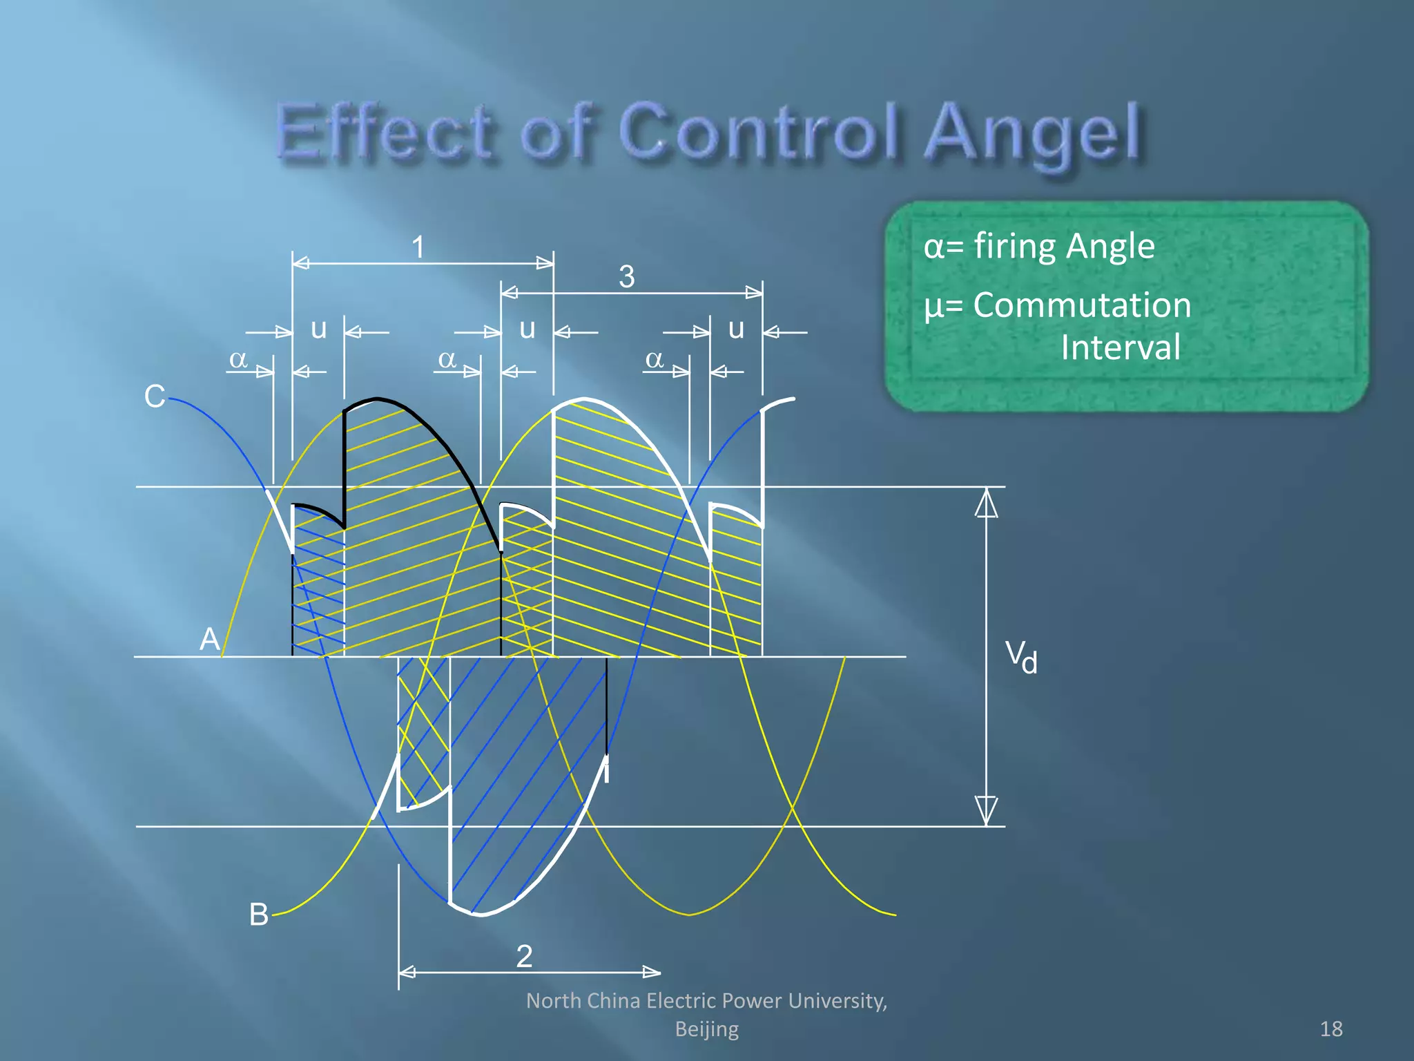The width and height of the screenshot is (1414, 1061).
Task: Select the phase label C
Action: [x=155, y=396]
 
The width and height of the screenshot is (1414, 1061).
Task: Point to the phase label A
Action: [x=209, y=639]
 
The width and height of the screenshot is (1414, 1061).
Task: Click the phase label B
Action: [x=258, y=914]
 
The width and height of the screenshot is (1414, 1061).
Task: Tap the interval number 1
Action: [x=418, y=247]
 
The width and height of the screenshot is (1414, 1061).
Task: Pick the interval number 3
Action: [x=626, y=277]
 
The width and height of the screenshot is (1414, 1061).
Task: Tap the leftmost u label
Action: [x=318, y=329]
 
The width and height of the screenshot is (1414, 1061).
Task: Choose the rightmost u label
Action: [x=736, y=329]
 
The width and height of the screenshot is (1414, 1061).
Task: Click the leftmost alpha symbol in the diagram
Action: [x=238, y=359]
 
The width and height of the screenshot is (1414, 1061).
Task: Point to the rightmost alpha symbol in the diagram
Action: [x=654, y=359]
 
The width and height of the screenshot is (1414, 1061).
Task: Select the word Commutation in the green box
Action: [x=1082, y=305]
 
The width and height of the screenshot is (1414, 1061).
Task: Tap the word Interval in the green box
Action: [x=1120, y=347]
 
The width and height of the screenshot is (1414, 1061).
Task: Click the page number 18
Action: [x=1331, y=1029]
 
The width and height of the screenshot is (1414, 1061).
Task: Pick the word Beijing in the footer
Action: [x=706, y=1029]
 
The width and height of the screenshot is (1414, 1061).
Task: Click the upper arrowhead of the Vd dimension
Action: [x=986, y=503]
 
